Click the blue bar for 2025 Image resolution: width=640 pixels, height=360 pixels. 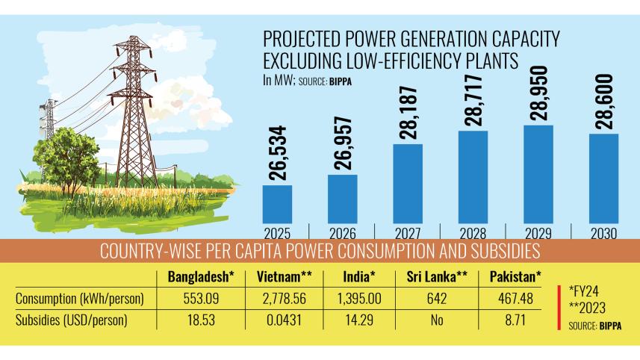click(277, 203)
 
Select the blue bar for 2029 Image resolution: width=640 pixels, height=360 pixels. click(538, 173)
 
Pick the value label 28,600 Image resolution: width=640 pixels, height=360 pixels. click(603, 102)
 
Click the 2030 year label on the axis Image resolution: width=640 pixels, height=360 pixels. click(603, 233)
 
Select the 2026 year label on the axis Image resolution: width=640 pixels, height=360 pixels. click(342, 233)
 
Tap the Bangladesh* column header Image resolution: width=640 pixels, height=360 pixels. click(201, 277)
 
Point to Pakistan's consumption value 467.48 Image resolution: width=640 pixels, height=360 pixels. click(514, 299)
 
